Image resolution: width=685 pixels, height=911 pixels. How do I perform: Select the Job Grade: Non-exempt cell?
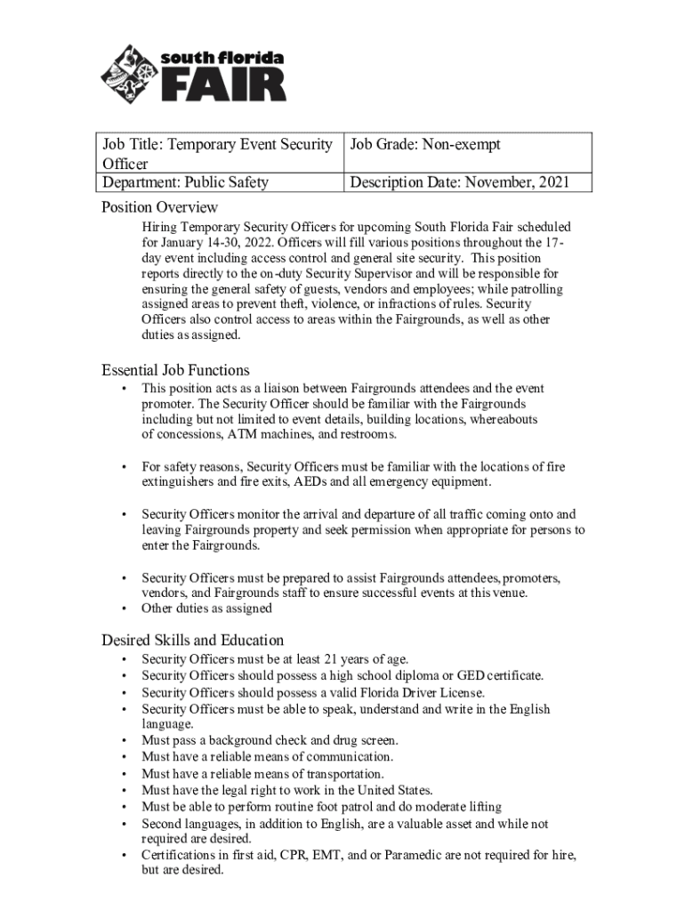click(426, 144)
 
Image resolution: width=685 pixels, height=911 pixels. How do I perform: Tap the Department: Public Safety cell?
click(186, 183)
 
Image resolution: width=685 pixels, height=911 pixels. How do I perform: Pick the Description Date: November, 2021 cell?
click(458, 183)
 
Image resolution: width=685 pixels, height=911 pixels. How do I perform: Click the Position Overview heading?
click(159, 207)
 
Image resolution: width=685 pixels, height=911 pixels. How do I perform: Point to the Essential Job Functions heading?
click(175, 370)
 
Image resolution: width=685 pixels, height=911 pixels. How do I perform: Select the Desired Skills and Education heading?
click(192, 641)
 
